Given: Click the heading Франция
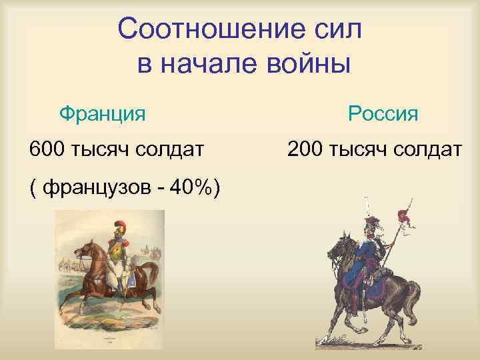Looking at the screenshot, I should [x=102, y=113].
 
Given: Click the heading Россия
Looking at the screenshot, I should [x=383, y=113].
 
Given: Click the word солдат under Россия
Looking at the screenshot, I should [x=426, y=149].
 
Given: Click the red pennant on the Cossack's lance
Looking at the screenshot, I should [x=403, y=216].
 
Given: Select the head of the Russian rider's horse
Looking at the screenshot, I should [x=333, y=250].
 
